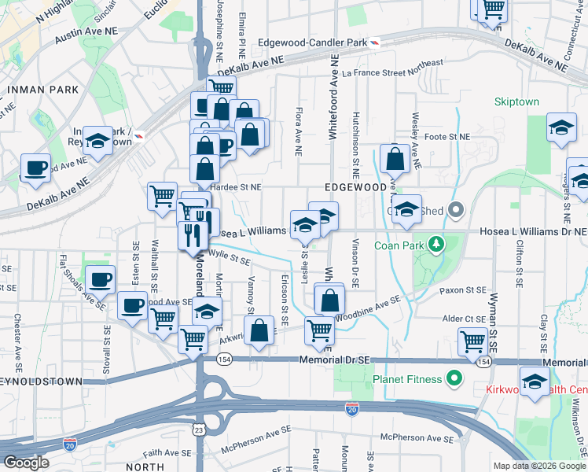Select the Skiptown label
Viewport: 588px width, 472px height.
[516, 102]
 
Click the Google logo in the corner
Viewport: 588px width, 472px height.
[25, 463]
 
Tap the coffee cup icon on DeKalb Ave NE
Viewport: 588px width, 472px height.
[35, 168]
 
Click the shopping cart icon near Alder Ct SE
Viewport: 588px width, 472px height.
[472, 341]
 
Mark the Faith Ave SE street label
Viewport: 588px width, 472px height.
[168, 453]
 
